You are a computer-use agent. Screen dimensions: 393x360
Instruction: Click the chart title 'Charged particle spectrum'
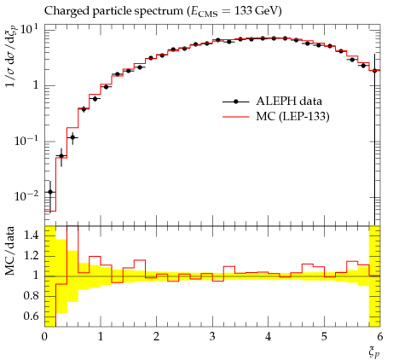(113, 11)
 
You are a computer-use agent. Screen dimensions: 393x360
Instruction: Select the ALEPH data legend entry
(272, 102)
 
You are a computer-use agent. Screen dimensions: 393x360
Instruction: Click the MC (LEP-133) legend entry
(275, 116)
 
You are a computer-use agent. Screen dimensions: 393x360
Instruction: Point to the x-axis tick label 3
(212, 336)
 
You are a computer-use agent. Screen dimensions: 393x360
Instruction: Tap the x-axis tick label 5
(324, 336)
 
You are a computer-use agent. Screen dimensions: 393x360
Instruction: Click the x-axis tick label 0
(44, 336)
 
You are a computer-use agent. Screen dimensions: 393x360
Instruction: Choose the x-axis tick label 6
(380, 336)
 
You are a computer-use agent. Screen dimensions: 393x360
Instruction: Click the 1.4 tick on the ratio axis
(32, 235)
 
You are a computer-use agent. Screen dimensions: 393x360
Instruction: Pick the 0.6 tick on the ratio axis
(32, 316)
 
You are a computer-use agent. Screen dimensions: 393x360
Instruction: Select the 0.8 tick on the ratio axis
(32, 296)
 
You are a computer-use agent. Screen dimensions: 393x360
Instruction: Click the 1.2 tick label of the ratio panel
(32, 255)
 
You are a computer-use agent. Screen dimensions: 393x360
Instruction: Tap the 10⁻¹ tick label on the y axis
(26, 140)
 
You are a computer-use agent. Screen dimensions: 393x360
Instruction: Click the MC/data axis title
(10, 251)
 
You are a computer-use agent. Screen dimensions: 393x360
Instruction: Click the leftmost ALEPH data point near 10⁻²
(50, 192)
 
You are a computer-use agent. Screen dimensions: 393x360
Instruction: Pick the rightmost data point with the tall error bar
(374, 71)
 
